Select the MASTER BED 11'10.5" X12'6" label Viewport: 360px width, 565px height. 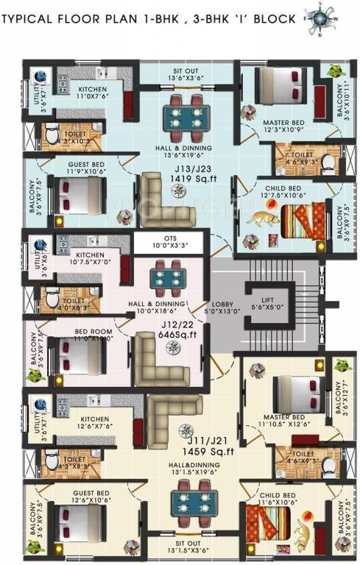point(284,420)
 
